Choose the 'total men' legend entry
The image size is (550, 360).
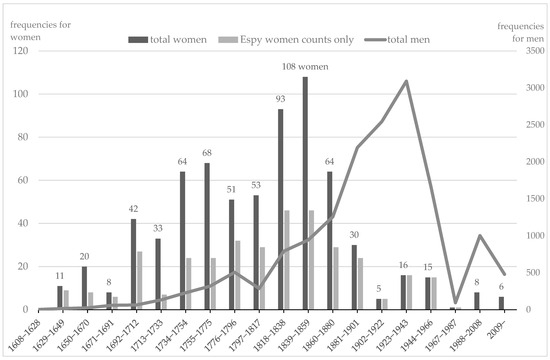[x=384, y=39]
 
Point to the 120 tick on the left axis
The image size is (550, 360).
[x=24, y=51]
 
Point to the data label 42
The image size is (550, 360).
[x=134, y=208]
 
